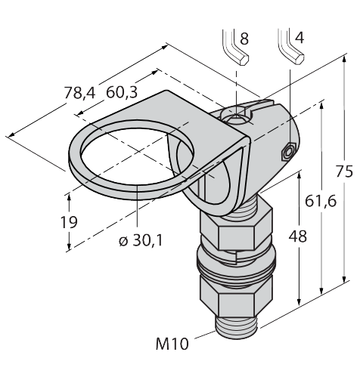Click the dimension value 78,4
(79, 92)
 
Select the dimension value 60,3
(122, 92)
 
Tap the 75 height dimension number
(344, 172)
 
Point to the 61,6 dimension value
(321, 201)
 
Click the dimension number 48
(298, 236)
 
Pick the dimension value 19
(69, 222)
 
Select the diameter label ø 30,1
(141, 240)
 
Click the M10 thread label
(172, 344)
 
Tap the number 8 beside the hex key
(244, 39)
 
